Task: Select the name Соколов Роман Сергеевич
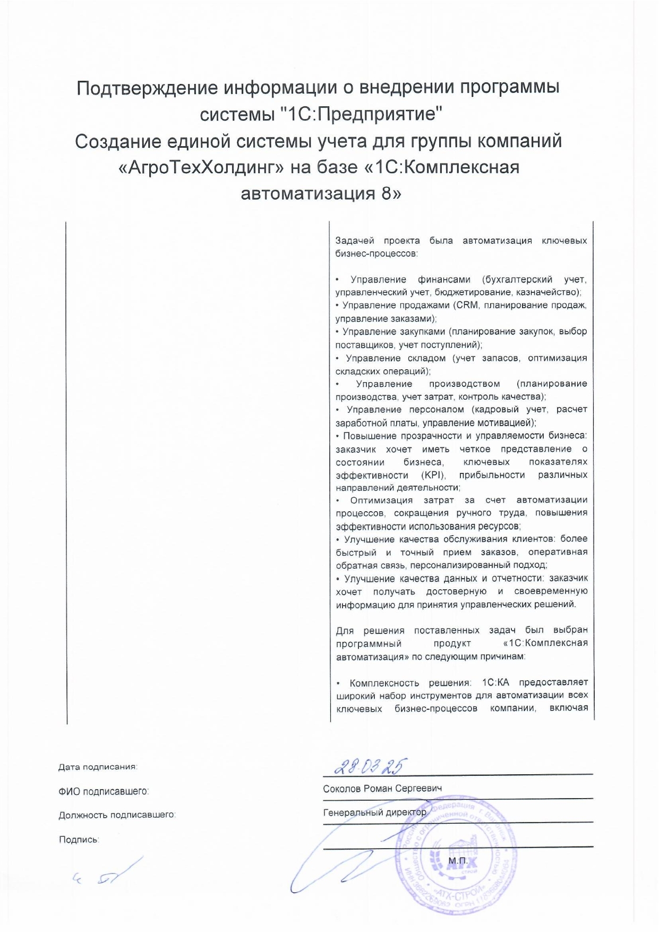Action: click(x=382, y=789)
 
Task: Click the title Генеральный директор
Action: click(x=374, y=812)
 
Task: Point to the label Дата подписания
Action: click(x=98, y=767)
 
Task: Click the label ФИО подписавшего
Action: click(x=104, y=791)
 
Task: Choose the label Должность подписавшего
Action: click(x=117, y=815)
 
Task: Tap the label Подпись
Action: click(x=79, y=840)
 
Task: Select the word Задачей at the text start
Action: click(x=355, y=241)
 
